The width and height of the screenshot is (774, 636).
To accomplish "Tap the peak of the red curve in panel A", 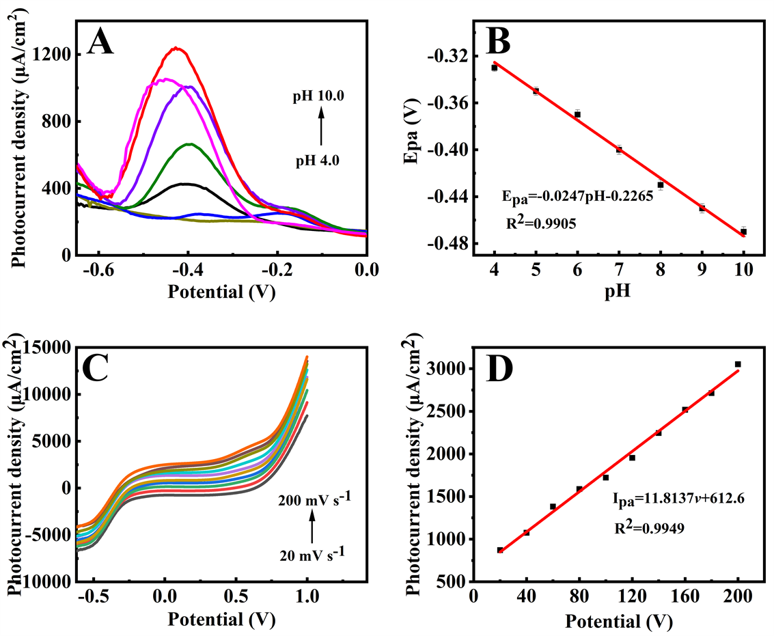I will coord(176,48).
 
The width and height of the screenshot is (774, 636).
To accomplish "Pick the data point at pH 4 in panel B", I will coord(494,68).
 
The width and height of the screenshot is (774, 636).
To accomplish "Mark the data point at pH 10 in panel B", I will coord(743,232).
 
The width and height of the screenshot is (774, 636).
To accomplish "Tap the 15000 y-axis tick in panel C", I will coord(51,348).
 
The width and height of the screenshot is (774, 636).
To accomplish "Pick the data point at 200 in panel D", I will coord(738,364).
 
